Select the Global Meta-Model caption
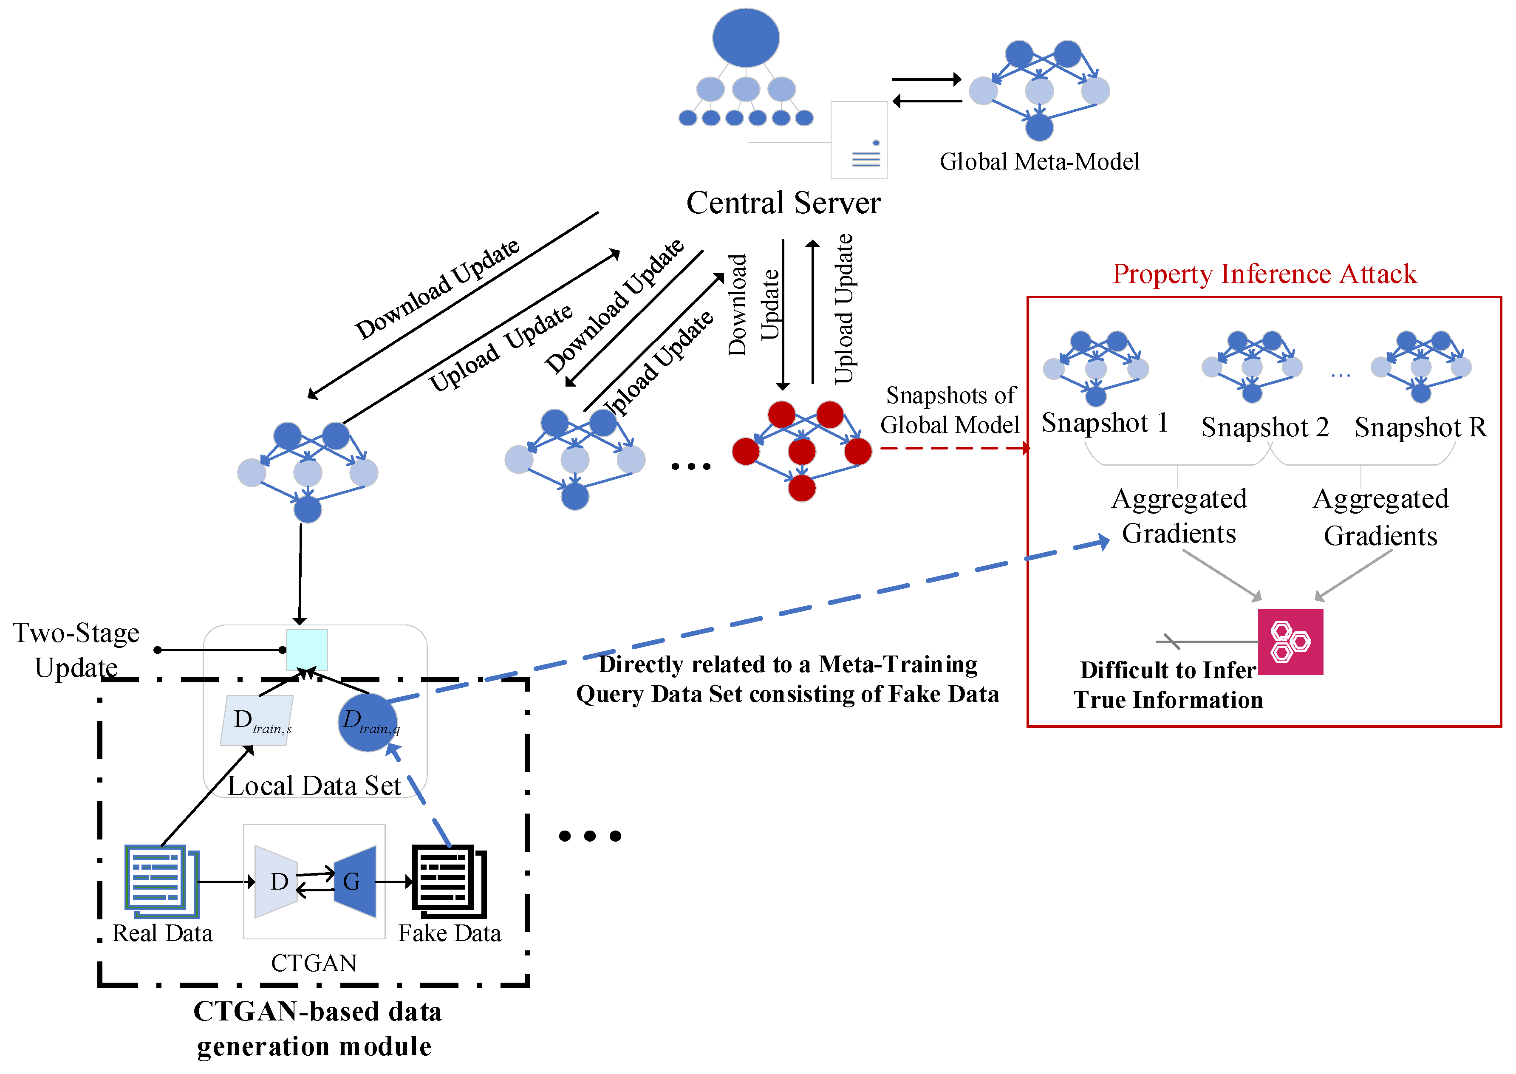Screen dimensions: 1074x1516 tap(1039, 161)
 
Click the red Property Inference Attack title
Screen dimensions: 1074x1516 tap(1264, 274)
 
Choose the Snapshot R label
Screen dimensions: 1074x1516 tap(1420, 427)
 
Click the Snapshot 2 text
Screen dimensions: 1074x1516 tap(1264, 427)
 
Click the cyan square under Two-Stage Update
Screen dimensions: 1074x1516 tap(306, 650)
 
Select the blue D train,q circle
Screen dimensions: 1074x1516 tap(368, 722)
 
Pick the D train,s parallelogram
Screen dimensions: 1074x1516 tap(257, 720)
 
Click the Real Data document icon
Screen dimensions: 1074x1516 tap(161, 880)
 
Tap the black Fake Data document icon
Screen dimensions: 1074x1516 tap(448, 880)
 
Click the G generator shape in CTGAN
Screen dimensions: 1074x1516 tap(356, 882)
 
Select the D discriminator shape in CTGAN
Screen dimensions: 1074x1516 tap(276, 882)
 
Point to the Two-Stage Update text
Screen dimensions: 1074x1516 tap(76, 650)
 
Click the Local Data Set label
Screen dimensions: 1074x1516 tap(314, 786)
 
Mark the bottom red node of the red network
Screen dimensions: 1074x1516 tap(802, 489)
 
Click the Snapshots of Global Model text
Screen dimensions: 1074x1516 tap(950, 410)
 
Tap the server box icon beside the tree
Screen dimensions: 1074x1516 tap(859, 140)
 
